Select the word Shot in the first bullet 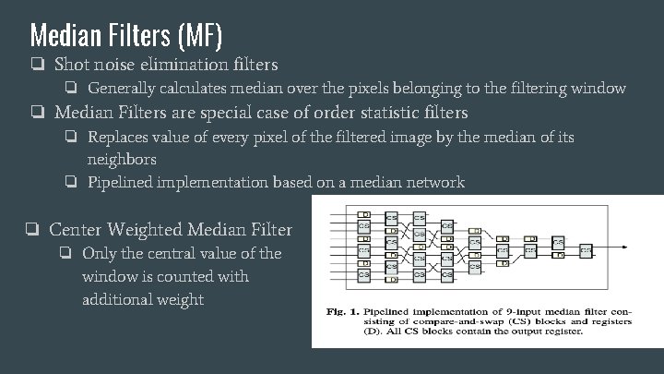pyautogui.click(x=72, y=65)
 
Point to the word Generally pyautogui.click(x=123, y=89)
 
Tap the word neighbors pyautogui.click(x=123, y=159)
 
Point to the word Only pyautogui.click(x=100, y=253)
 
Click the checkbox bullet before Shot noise pyautogui.click(x=36, y=65)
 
